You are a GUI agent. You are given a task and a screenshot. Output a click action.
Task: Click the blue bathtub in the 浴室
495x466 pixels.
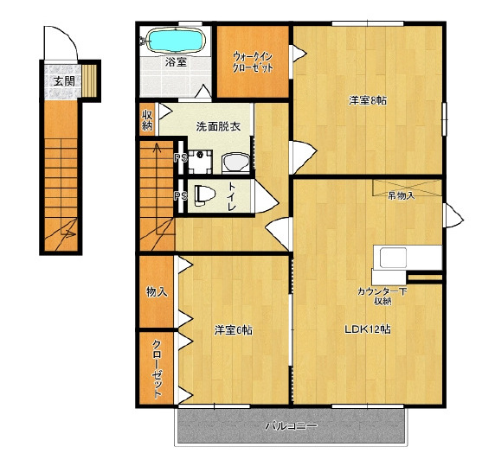tap(177, 40)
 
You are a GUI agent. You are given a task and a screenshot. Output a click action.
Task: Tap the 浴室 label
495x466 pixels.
tap(176, 61)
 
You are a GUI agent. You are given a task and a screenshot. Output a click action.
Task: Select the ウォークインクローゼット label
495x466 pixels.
tap(253, 62)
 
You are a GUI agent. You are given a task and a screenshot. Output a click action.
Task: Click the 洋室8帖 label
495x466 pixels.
tap(368, 100)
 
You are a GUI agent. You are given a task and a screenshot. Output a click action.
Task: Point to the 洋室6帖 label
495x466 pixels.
tap(233, 330)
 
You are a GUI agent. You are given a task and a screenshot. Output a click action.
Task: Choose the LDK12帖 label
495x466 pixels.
tap(368, 329)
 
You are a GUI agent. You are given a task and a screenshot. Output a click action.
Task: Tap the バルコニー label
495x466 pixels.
tap(291, 426)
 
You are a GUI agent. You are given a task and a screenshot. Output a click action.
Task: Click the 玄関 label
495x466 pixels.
tap(64, 81)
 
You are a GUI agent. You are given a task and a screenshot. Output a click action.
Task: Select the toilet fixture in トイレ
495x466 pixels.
tap(204, 195)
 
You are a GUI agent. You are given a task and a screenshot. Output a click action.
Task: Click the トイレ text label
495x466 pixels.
tap(232, 196)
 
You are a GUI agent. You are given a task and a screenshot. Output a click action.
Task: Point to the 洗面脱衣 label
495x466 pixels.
tap(218, 126)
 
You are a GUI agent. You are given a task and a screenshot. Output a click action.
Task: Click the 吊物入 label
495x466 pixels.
tap(401, 195)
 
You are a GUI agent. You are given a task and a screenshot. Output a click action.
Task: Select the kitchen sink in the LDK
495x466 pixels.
tap(393, 258)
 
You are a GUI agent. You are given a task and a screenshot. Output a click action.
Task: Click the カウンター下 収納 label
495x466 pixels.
tap(382, 296)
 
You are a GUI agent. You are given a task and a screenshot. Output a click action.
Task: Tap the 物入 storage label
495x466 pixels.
tap(157, 291)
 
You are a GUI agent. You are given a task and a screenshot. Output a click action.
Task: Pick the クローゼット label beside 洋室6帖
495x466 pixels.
tap(157, 369)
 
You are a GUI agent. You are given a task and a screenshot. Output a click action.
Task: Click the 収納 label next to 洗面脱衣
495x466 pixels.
tap(147, 120)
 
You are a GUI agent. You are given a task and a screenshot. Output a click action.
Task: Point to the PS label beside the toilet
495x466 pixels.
tap(180, 196)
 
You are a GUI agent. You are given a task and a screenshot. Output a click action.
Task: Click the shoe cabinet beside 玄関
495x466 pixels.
tap(89, 80)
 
